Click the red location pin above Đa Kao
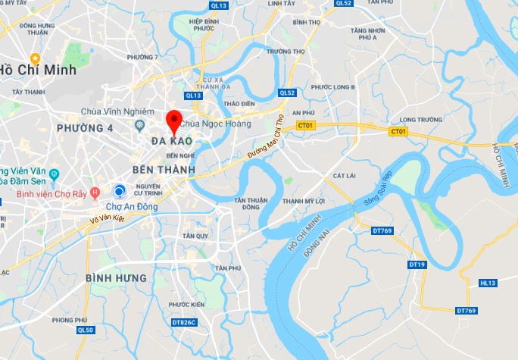tap(174, 121)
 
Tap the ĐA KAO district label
tap(170, 142)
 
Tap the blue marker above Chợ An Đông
tap(119, 190)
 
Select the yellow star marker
tap(35, 58)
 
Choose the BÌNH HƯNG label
tap(116, 278)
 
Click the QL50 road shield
tap(86, 330)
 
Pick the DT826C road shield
tap(183, 322)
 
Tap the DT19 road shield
tap(417, 265)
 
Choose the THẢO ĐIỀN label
tap(239, 103)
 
